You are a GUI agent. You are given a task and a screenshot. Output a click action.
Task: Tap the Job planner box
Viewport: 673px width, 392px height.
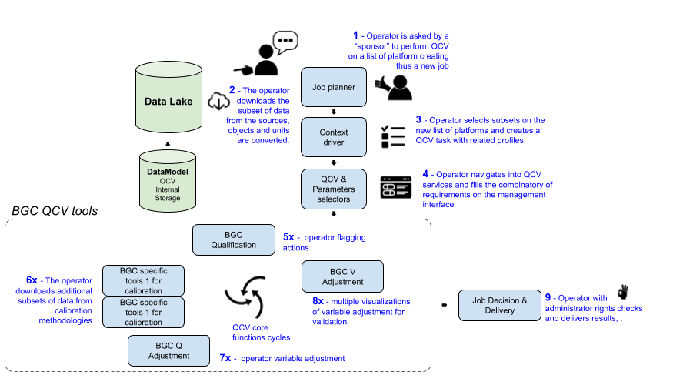[333, 87]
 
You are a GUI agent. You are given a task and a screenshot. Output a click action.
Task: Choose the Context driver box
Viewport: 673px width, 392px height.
[333, 137]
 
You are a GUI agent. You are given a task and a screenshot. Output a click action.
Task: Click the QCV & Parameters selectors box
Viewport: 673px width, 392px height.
[333, 189]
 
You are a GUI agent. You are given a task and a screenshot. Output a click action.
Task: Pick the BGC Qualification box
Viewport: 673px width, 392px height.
[234, 240]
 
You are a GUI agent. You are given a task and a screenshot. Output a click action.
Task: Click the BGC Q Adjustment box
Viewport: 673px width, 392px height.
[168, 350]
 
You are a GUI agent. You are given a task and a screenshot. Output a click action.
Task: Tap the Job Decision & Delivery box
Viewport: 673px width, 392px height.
[499, 306]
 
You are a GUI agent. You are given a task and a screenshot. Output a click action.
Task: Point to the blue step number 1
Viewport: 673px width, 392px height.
[355, 35]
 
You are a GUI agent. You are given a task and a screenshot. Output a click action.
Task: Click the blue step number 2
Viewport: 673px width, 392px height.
[232, 90]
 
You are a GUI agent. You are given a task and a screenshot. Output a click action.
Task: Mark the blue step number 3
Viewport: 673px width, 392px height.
[418, 120]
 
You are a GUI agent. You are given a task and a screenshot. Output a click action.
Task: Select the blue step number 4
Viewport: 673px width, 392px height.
[425, 175]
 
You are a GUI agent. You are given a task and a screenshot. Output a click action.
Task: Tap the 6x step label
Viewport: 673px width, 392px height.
[32, 280]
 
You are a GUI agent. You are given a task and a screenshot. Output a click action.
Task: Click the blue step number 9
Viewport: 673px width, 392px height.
[548, 297]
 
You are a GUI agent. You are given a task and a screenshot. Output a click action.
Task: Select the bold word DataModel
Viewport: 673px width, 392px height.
[167, 171]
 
